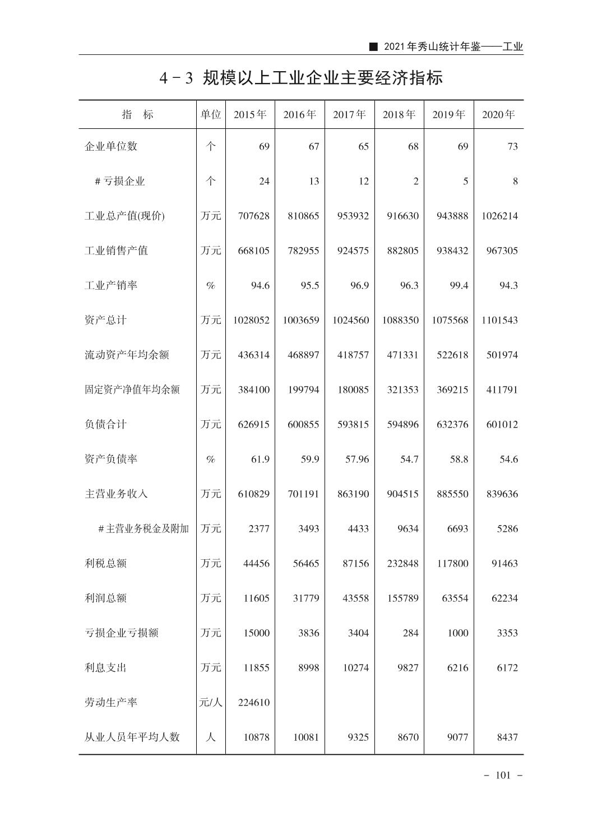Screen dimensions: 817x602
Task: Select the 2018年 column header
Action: (x=399, y=115)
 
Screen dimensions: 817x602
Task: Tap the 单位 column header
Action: (x=211, y=115)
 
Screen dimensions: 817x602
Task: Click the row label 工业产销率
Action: (x=111, y=285)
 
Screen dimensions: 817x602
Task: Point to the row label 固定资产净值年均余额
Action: (x=132, y=389)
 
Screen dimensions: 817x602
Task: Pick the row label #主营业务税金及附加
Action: (x=143, y=528)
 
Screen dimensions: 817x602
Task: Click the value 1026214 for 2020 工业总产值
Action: (x=499, y=216)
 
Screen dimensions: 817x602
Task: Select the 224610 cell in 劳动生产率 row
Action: (x=253, y=702)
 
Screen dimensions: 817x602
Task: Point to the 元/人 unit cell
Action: (x=211, y=702)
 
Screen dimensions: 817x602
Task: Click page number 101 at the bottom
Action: (x=503, y=776)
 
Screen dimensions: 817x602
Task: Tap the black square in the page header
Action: (x=374, y=47)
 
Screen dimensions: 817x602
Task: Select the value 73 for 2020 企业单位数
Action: (x=512, y=146)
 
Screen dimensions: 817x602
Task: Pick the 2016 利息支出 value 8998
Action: (x=308, y=667)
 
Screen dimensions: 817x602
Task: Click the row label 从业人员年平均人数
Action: (x=132, y=737)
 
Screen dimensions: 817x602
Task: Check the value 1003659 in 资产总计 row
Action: (x=301, y=320)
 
